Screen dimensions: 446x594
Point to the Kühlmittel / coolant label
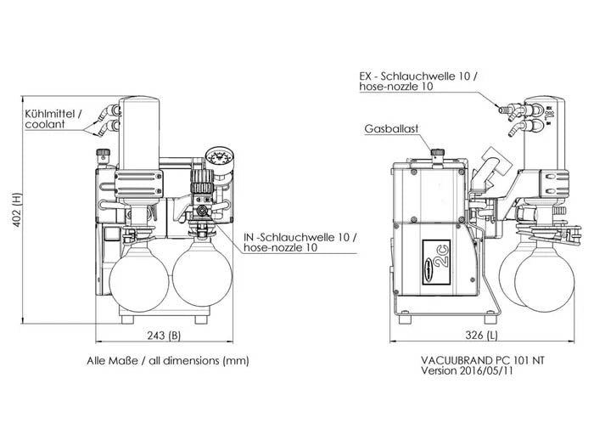pyautogui.click(x=53, y=118)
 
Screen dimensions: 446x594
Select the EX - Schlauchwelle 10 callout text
pyautogui.click(x=418, y=82)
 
